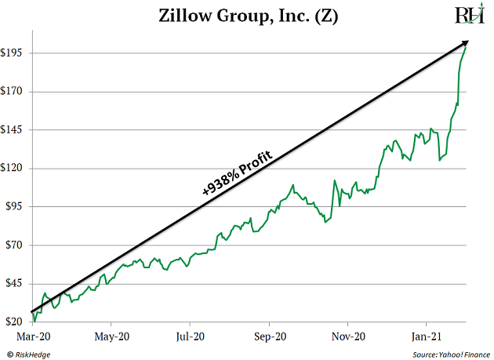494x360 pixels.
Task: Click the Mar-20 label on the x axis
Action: click(x=32, y=336)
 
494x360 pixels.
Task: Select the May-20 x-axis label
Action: click(x=111, y=336)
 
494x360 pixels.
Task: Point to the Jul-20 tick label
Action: click(x=190, y=336)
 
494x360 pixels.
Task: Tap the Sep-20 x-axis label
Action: click(x=269, y=336)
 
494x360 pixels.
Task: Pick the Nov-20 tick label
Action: click(x=348, y=336)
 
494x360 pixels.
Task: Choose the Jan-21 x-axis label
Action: click(x=426, y=336)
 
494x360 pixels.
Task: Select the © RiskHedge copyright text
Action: click(x=29, y=352)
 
